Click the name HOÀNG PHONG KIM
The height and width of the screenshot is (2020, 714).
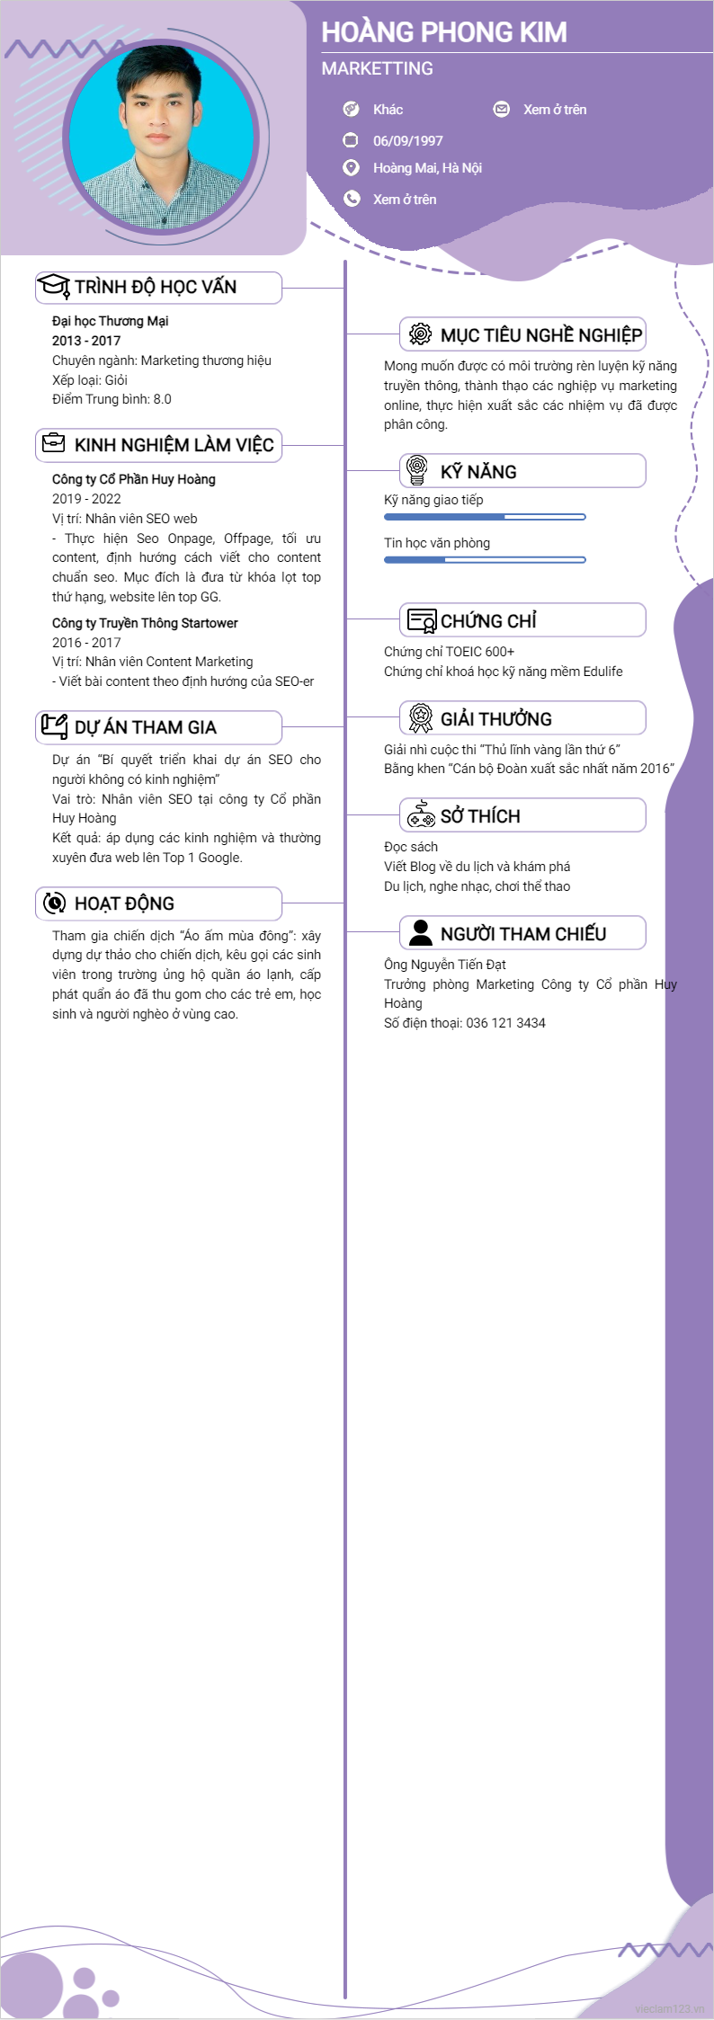(444, 32)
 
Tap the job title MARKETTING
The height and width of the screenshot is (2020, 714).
(378, 68)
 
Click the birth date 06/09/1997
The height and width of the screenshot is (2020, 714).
(407, 141)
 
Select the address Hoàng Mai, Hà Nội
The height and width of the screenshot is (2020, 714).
(427, 168)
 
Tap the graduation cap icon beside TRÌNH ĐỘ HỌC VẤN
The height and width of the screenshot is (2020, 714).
(54, 286)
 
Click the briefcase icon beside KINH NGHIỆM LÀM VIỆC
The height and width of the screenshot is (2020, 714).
(54, 443)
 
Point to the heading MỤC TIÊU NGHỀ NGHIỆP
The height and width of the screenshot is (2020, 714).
(540, 335)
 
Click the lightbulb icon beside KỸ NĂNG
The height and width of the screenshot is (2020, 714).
(416, 469)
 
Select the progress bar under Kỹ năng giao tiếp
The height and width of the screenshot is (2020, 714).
(485, 517)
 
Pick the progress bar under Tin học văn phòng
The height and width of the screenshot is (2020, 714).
(485, 560)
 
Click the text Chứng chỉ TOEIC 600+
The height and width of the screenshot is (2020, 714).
(449, 652)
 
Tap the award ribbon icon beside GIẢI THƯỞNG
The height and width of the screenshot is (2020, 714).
(420, 717)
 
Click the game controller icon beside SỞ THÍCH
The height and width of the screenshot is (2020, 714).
(420, 814)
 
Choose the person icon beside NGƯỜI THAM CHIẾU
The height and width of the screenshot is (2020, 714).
(420, 932)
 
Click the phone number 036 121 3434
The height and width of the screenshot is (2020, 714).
(505, 1023)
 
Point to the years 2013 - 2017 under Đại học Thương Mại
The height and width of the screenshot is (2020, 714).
(86, 341)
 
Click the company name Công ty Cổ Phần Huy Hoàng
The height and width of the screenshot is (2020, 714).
(134, 479)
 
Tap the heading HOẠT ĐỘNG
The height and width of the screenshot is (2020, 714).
(124, 903)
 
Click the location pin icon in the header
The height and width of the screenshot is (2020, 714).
(352, 168)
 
